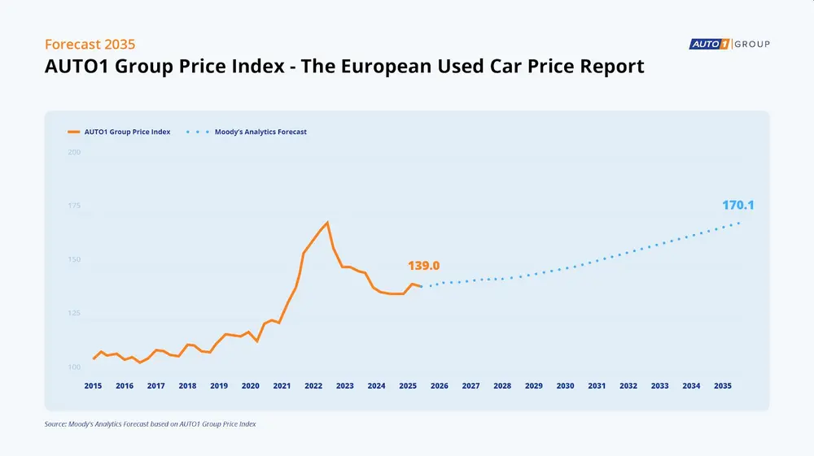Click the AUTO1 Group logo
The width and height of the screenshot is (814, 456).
pos(729,44)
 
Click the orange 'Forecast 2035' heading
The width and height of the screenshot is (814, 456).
pos(90,44)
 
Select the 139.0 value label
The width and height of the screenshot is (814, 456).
pos(423,266)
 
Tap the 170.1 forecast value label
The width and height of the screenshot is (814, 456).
pos(737,206)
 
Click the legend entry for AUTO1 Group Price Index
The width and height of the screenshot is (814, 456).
pos(119,132)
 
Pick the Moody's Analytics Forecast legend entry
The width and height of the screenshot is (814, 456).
pos(248,132)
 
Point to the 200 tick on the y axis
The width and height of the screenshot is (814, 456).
pos(74,152)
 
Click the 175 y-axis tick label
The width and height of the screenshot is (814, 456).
pos(74,206)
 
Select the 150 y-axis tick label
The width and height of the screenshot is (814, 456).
pos(74,260)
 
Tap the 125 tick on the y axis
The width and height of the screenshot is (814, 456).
pos(74,314)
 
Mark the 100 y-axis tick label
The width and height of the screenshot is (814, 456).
pos(74,367)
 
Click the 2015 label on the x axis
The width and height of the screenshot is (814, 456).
pos(93,386)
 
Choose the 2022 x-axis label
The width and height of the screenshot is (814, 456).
pos(313,386)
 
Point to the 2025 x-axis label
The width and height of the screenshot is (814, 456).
pos(408,386)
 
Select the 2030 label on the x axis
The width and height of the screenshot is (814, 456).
pos(565,386)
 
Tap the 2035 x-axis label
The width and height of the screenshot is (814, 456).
pos(722,386)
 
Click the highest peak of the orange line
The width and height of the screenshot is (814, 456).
pos(327,222)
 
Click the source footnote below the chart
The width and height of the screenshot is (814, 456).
pos(150,424)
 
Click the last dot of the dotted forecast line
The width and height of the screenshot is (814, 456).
pos(738,223)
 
